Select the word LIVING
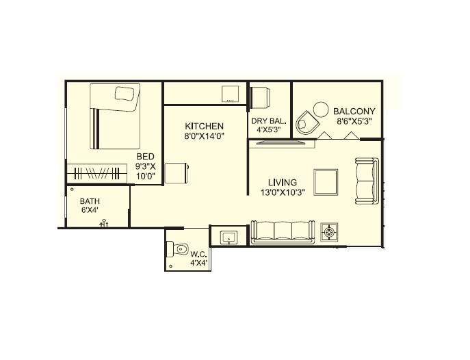pos(282,183)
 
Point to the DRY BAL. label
pos(267,120)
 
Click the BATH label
pos(89,201)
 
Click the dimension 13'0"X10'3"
pos(282,194)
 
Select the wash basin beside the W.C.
pos(229,237)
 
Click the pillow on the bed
pos(125,94)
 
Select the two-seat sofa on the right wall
pos(367,181)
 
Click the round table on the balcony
pos(320,110)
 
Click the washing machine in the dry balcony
pos(260,97)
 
